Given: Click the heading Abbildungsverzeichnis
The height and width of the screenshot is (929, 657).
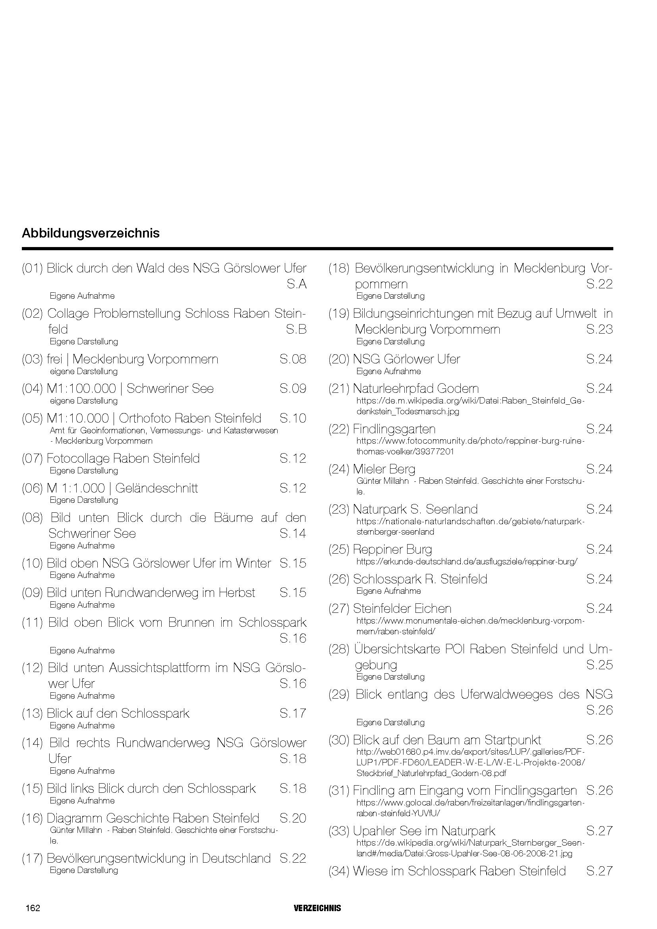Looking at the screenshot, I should point(91,233).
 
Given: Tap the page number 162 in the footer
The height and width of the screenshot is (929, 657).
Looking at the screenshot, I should point(33,908).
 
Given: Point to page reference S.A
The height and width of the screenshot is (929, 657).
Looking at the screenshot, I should point(297,284).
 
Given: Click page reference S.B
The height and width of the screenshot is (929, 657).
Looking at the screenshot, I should point(296,329).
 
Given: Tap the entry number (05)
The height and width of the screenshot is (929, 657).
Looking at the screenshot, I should point(32,418).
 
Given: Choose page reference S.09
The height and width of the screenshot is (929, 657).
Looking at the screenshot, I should point(292,388).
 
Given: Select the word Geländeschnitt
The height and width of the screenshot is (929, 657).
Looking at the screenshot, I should point(157,488).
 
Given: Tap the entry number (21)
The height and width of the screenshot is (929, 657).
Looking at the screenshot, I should point(338,388).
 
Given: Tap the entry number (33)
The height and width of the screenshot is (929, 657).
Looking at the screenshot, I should point(338,830).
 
